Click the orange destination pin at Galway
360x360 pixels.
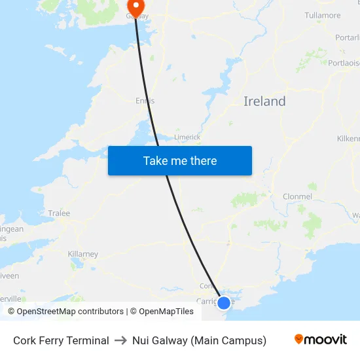point(136,7)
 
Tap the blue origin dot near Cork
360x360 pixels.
point(224,302)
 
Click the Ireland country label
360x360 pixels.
point(264,101)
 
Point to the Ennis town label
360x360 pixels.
point(145,101)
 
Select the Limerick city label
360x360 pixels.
point(187,137)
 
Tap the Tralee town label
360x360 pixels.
point(59,213)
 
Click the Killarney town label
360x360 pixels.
point(82,254)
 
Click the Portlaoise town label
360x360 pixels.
point(344,63)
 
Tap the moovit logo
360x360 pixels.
point(321,340)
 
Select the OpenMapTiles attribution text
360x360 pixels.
point(166,312)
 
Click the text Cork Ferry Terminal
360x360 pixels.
point(61,340)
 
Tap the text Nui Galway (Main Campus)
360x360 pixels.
point(199,340)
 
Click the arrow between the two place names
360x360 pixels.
point(120,340)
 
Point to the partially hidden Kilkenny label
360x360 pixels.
point(348,139)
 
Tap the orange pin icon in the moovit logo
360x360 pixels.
point(299,339)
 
